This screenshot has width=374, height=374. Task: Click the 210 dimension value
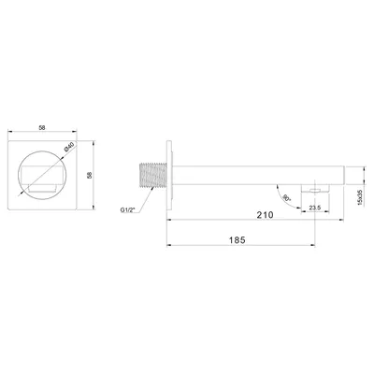coord(266,215)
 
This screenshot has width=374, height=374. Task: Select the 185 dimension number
coord(237,240)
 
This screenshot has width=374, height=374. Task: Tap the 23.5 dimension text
coord(315,208)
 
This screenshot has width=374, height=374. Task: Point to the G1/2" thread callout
coord(127,210)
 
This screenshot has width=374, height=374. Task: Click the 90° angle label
coord(285,198)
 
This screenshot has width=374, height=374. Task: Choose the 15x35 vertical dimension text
coord(361,197)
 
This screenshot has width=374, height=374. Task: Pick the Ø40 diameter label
coord(69,147)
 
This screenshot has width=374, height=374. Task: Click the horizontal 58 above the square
coord(42,127)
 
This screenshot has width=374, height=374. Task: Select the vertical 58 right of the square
coord(90,175)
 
